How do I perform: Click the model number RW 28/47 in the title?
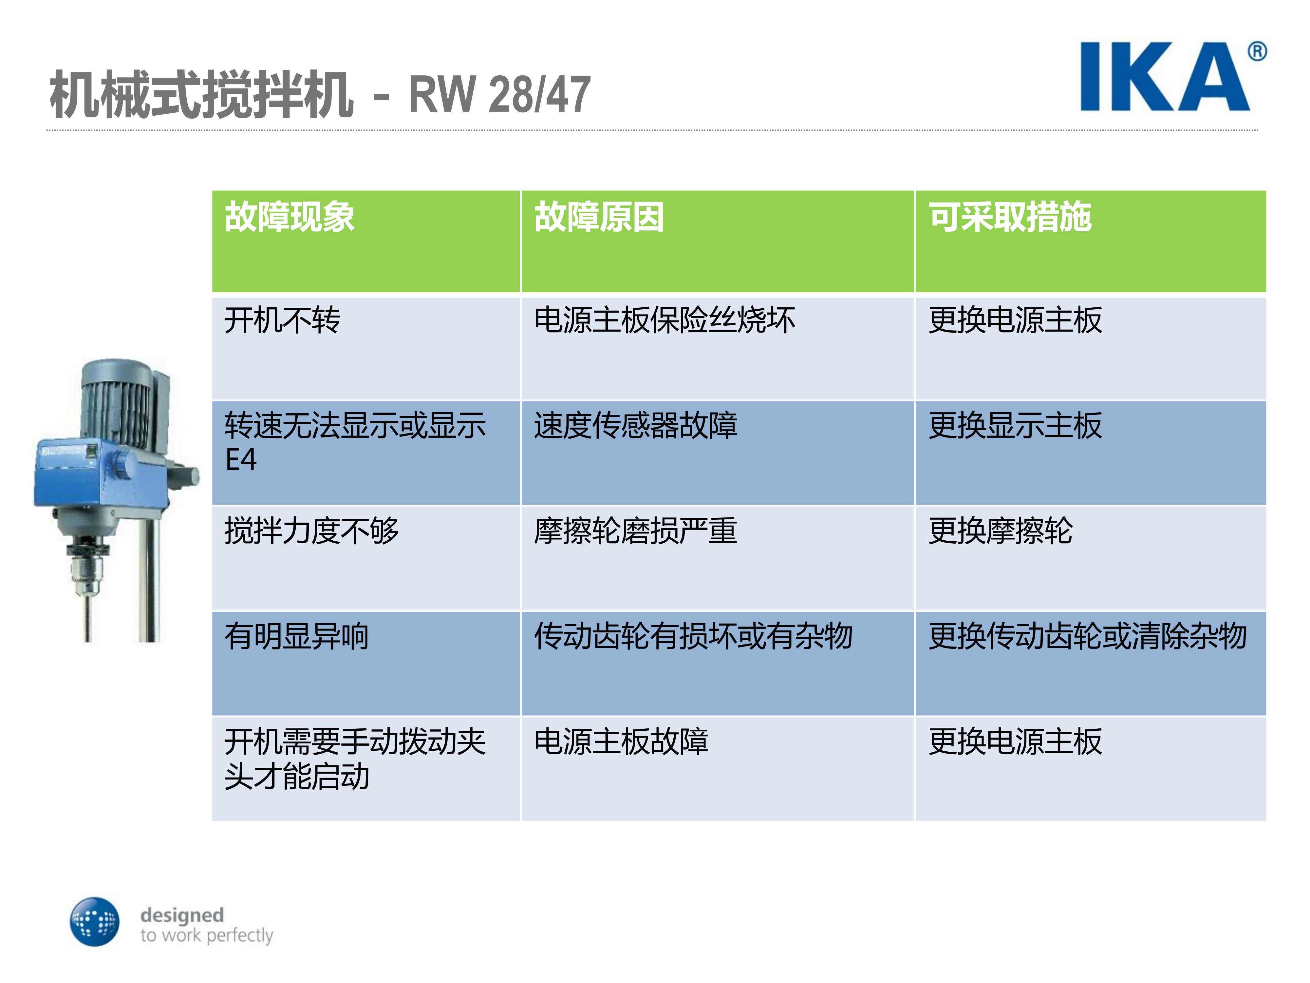click(499, 94)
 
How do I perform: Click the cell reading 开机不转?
click(283, 320)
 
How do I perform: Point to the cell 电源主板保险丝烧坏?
click(664, 320)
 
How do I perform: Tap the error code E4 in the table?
click(241, 459)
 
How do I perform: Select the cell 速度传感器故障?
click(635, 425)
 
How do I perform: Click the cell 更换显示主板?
click(1015, 425)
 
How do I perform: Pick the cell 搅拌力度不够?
click(311, 530)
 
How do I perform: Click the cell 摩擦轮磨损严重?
click(635, 530)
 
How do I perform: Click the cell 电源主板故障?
click(621, 741)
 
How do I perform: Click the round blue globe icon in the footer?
click(95, 921)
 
